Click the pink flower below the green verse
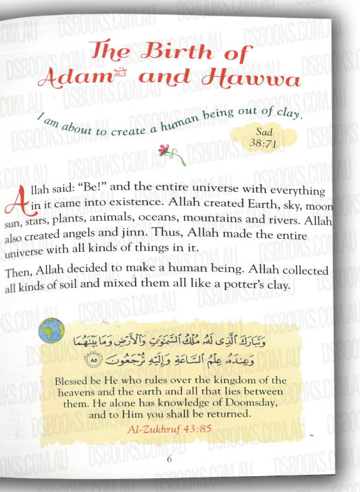tap(163, 149)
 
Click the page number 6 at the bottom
tap(170, 460)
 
